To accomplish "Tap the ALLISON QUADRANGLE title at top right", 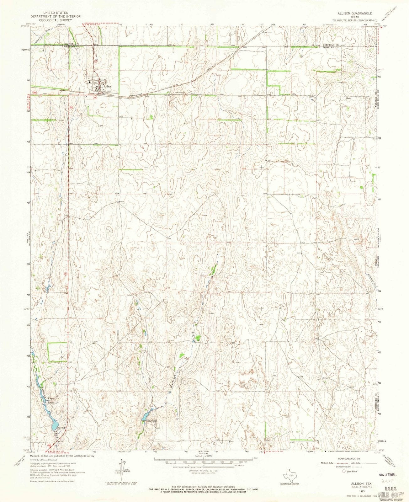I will (x=354, y=14).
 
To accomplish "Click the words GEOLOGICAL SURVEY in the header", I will (x=56, y=20).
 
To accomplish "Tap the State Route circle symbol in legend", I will (x=344, y=471).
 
